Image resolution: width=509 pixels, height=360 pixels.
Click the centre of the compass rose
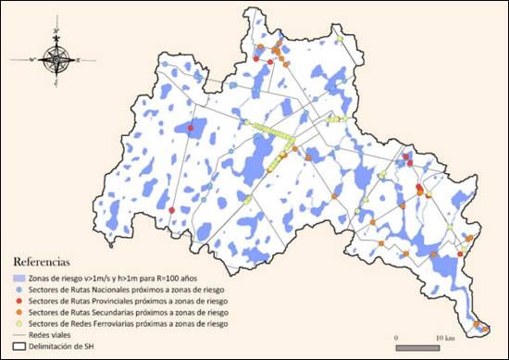(57, 59)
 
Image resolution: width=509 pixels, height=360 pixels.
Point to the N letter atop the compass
(57, 31)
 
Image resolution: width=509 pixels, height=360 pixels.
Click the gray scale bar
(422, 348)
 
